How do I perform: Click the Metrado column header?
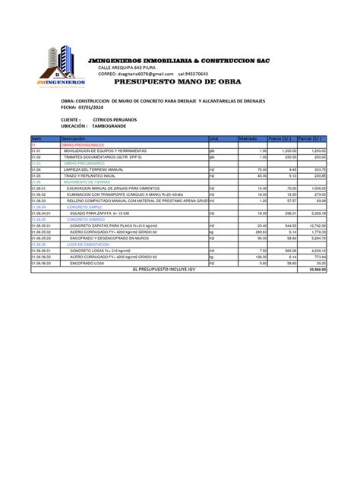coord(248,139)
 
